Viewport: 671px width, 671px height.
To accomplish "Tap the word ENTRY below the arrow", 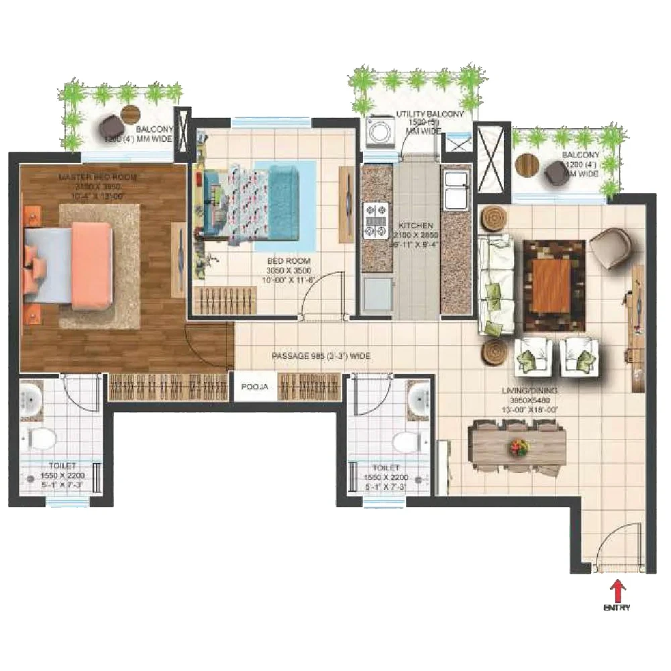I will click(x=617, y=608).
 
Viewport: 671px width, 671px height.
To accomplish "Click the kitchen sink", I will click(x=456, y=187).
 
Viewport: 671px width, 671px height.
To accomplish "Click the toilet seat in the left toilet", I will click(x=42, y=440).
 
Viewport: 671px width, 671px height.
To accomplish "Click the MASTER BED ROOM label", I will click(x=107, y=176).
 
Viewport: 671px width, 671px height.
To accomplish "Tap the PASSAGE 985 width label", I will click(x=321, y=356).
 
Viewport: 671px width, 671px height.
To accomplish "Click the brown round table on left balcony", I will click(x=130, y=113).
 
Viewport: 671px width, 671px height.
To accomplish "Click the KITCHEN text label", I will click(x=416, y=225).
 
